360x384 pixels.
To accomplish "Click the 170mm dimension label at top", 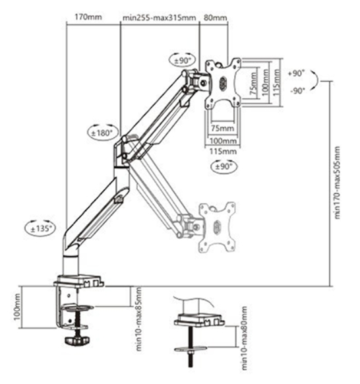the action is pos(88,17).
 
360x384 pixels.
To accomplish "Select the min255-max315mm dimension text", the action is pos(159,18).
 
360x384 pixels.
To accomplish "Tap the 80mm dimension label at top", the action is pos(216,18).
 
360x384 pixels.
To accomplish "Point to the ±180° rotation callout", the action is pos(103,133).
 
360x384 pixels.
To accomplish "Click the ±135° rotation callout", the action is pos(40,229).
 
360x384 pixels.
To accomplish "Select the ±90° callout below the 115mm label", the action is pos(224,166).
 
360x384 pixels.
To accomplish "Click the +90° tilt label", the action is pos(296,73).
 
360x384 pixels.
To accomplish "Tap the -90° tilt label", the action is pos(297,91).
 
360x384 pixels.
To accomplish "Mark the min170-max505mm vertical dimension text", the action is pos(337,183).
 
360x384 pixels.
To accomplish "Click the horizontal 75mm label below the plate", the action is pos(222,128).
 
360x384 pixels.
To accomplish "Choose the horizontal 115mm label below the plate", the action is pos(223,151).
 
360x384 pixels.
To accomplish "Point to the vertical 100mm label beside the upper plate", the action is pos(265,82).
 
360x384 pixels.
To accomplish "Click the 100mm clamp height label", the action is pos(17,307).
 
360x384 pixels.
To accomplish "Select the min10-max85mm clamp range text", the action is pos(138,319).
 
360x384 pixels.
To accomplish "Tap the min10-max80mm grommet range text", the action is pos(245,338).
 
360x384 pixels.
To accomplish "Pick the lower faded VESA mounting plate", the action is pos(218,227).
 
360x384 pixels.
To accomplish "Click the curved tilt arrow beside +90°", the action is pos(316,79).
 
